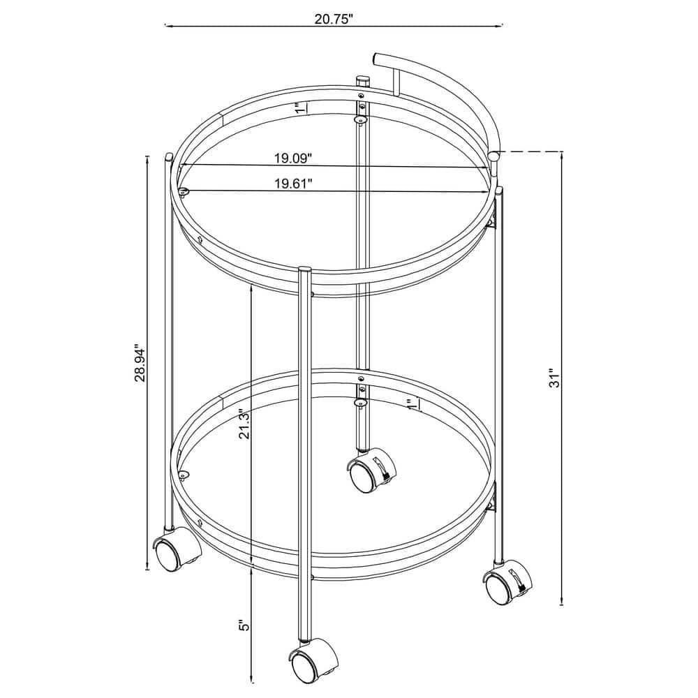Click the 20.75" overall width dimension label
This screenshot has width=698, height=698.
click(334, 19)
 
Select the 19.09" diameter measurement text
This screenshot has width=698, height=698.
click(292, 158)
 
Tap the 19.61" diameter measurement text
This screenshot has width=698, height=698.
click(292, 184)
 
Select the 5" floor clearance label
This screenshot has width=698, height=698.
click(243, 625)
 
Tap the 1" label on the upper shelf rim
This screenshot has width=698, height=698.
click(299, 108)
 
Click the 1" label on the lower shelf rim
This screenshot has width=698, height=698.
click(413, 403)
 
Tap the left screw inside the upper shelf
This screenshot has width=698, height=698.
click(184, 191)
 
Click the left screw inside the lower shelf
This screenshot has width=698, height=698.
click(184, 475)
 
